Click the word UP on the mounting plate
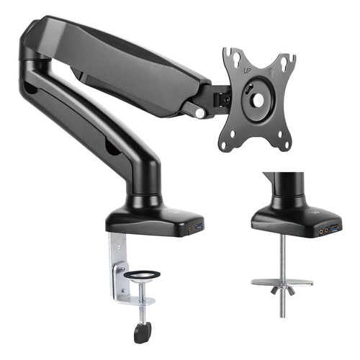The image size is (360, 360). pyautogui.click(x=248, y=71)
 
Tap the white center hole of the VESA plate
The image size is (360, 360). pyautogui.click(x=258, y=98)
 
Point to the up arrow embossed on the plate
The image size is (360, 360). pyautogui.click(x=271, y=73)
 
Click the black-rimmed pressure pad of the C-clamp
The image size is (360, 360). pyautogui.click(x=143, y=276)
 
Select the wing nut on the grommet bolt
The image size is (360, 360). pyautogui.click(x=283, y=290)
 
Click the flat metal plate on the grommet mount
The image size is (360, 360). pyautogui.click(x=282, y=282)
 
